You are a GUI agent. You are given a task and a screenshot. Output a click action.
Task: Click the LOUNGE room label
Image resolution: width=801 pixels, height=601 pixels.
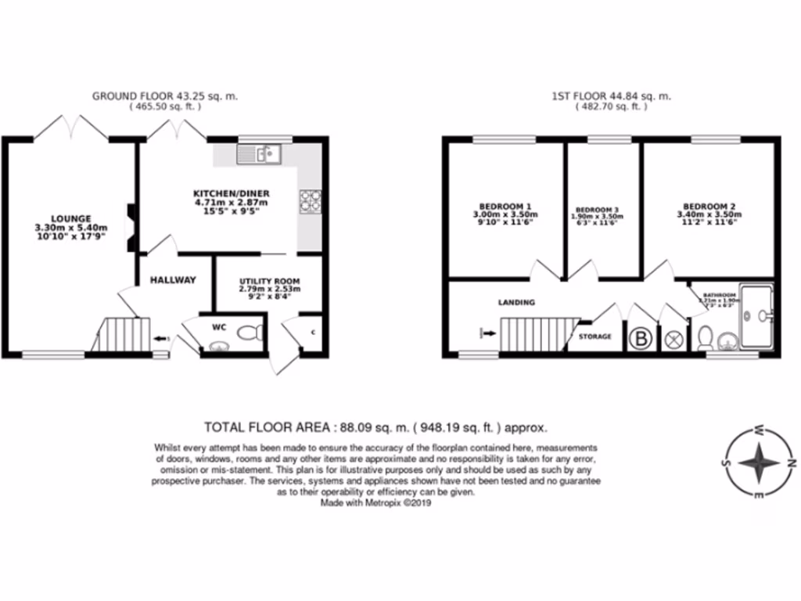point(71,218)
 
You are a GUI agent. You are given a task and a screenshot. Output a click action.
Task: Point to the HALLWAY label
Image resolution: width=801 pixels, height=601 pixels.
point(173,280)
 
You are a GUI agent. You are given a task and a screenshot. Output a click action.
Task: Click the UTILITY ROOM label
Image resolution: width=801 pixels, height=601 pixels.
point(268,281)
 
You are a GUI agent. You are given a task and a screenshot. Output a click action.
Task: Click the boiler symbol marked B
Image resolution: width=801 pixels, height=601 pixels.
point(641,340)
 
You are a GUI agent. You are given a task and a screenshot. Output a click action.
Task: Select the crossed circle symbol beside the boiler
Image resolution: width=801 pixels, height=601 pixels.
point(673,340)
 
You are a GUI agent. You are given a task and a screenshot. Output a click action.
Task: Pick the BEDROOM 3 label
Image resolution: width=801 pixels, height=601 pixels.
point(598,210)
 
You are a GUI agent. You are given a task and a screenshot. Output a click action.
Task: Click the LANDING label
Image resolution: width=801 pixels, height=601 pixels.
point(516,302)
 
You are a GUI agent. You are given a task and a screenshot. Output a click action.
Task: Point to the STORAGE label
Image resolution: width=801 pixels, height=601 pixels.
point(594,336)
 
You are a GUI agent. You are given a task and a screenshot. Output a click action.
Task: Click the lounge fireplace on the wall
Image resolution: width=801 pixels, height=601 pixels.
point(130,227)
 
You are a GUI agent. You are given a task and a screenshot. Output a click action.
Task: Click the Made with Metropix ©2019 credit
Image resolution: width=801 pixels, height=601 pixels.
point(375,504)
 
